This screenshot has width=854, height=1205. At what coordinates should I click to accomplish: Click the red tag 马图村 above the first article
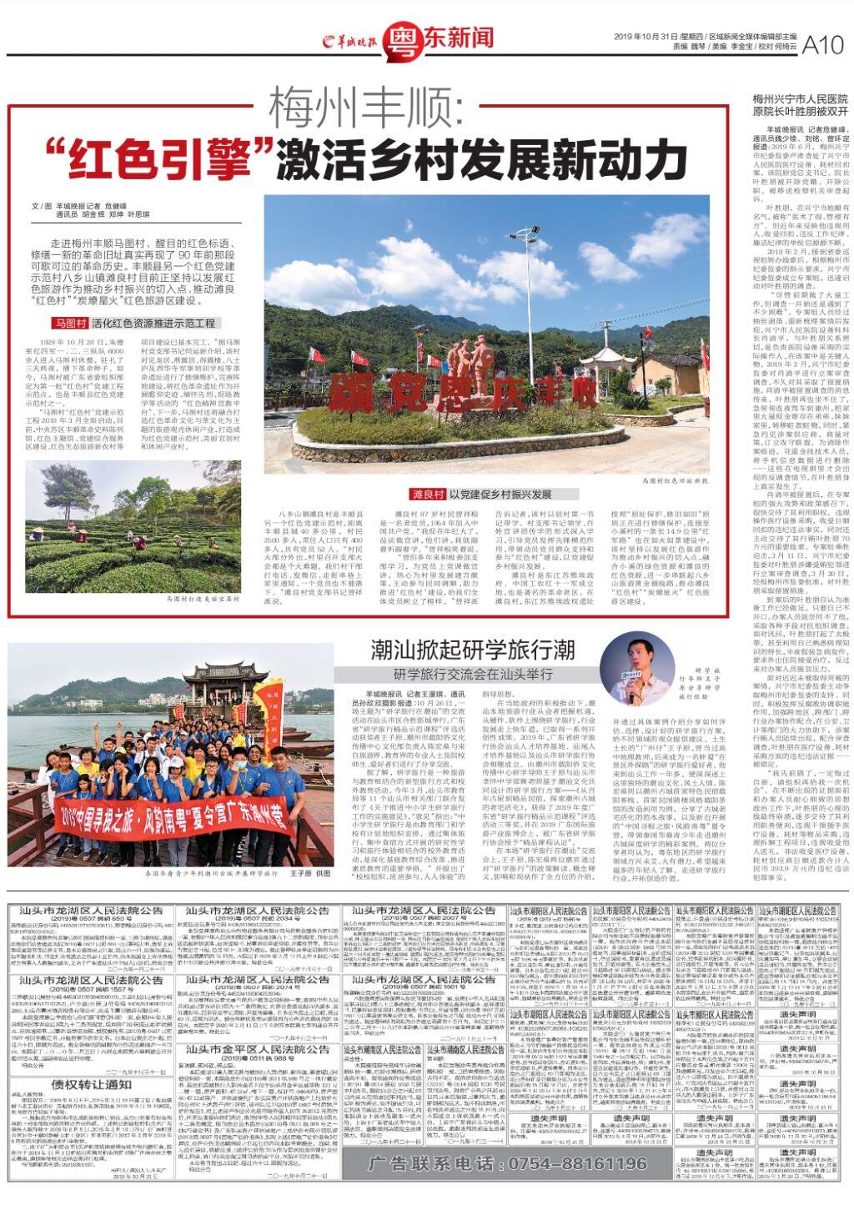tap(71, 322)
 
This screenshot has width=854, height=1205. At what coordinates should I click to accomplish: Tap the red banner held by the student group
tap(171, 818)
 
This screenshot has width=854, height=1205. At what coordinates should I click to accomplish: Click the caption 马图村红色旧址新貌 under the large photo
tap(676, 481)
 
